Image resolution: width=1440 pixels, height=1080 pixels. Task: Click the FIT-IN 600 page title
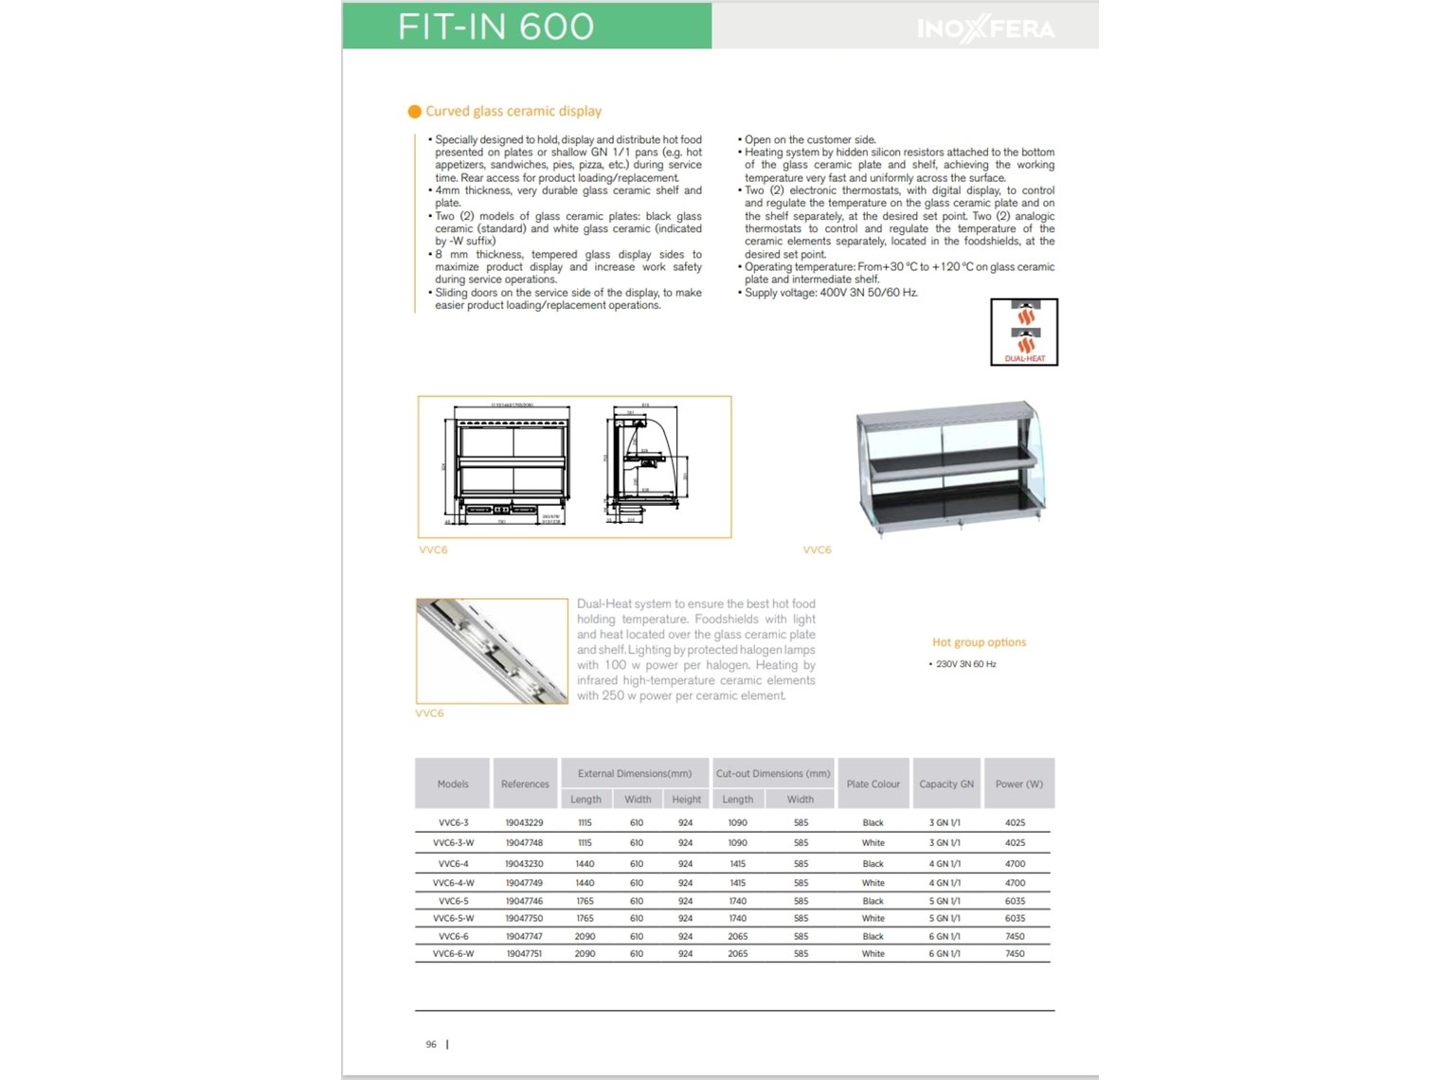click(x=495, y=27)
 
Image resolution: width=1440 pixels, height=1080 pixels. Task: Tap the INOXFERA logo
click(x=985, y=29)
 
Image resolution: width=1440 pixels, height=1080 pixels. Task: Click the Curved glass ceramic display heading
click(x=513, y=111)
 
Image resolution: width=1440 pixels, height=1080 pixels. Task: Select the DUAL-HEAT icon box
click(x=1024, y=332)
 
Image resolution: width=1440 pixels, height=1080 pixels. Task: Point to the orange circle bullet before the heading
click(x=414, y=112)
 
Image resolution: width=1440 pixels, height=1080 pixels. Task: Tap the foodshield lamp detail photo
click(x=492, y=651)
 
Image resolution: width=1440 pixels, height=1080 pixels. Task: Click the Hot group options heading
click(x=979, y=642)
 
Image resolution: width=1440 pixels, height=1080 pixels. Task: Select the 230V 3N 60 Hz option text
click(x=965, y=664)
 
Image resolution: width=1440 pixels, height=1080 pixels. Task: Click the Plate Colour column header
click(x=873, y=784)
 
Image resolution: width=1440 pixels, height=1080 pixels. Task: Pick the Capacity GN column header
click(x=945, y=784)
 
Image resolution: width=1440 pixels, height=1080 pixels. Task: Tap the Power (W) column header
click(x=1018, y=784)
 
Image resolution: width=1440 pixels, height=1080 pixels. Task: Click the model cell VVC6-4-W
click(x=453, y=883)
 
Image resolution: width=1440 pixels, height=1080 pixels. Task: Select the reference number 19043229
click(x=524, y=823)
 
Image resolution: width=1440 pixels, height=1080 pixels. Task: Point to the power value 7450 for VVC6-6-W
click(x=1015, y=954)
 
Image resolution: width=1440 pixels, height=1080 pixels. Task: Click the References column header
click(x=525, y=784)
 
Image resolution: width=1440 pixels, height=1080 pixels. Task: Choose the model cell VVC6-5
click(x=453, y=901)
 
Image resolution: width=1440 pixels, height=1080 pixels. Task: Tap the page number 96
click(x=431, y=1045)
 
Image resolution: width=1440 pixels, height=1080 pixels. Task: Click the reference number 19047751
click(x=524, y=954)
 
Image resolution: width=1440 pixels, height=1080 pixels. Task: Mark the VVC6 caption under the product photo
click(x=817, y=549)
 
